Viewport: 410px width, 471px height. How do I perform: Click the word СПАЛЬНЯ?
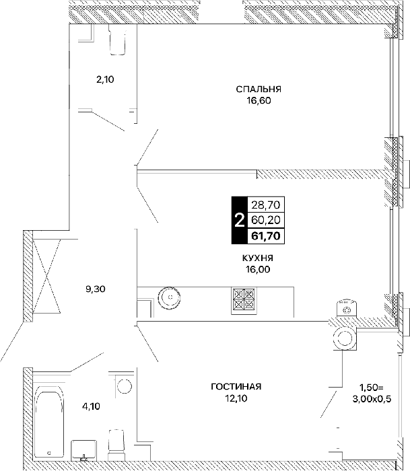[x=259, y=89]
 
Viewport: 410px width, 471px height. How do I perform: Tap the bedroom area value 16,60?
[x=259, y=101]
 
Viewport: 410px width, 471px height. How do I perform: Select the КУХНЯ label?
[x=258, y=258]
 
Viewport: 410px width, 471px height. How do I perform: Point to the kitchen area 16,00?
[x=258, y=269]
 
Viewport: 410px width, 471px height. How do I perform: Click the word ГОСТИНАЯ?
[x=236, y=387]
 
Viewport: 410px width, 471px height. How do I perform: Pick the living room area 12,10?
[x=236, y=398]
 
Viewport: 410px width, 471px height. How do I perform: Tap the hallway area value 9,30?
[x=96, y=289]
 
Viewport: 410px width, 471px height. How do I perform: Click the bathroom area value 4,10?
[x=91, y=406]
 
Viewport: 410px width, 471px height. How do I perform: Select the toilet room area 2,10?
[x=105, y=79]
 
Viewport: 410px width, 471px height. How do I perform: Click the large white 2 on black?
[x=239, y=221]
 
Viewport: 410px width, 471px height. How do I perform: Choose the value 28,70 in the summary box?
[x=266, y=205]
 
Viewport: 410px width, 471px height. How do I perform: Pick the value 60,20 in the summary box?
[x=266, y=220]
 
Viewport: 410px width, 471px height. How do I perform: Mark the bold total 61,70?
[x=266, y=235]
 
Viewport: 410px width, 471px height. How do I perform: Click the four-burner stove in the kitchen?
[x=244, y=301]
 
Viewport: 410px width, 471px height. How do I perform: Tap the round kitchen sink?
[x=170, y=297]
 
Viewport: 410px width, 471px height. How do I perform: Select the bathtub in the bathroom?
[x=50, y=424]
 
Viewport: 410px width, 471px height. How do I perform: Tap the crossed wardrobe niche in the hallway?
[x=46, y=277]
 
